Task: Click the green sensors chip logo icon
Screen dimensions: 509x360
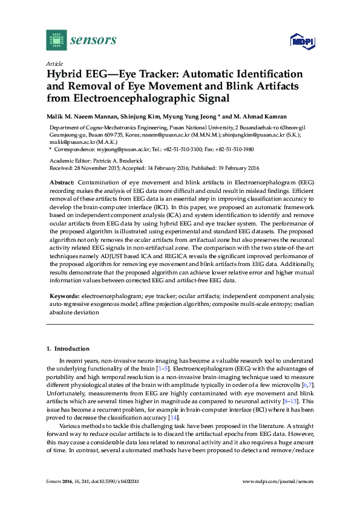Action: pyautogui.click(x=56, y=41)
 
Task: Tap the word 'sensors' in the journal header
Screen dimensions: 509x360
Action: pyautogui.click(x=93, y=41)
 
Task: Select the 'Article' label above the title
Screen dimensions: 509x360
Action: pyautogui.click(x=54, y=63)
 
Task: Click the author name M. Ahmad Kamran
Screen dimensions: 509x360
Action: pyautogui.click(x=255, y=116)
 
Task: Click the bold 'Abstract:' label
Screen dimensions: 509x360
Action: pyautogui.click(x=62, y=182)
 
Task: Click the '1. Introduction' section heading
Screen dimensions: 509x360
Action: pyautogui.click(x=68, y=349)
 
